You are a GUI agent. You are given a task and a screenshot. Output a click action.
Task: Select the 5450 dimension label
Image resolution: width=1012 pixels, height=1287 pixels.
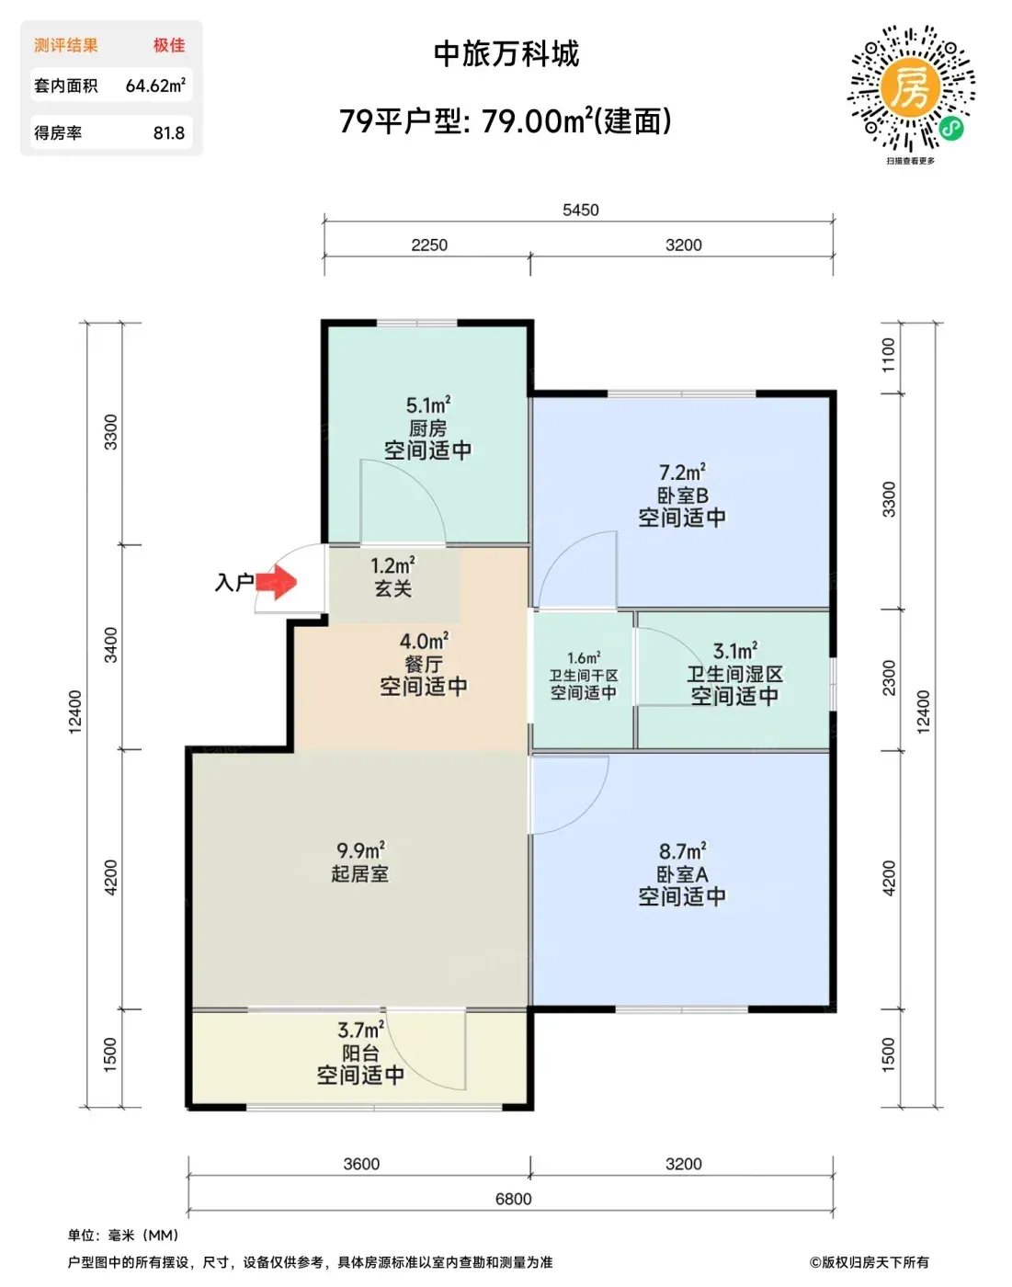(x=580, y=210)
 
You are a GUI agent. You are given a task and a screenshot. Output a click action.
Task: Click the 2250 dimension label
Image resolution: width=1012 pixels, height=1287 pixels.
(x=429, y=245)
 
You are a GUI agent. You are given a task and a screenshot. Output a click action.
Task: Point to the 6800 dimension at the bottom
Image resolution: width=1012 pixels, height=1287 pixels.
(x=513, y=1199)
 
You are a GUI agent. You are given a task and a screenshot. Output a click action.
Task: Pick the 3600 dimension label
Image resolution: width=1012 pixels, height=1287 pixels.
(x=361, y=1164)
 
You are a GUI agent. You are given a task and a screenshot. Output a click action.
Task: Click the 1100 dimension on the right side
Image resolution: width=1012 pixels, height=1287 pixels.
(x=889, y=355)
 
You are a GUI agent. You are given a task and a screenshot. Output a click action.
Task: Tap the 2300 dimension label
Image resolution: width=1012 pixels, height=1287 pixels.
(x=889, y=678)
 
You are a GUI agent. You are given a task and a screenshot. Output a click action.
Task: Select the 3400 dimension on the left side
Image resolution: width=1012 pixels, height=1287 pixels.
(x=110, y=644)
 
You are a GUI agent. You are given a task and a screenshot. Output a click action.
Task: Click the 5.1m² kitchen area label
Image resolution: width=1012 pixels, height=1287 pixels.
(x=428, y=404)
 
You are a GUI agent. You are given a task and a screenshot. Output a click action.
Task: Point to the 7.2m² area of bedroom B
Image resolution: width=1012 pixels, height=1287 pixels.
(x=682, y=472)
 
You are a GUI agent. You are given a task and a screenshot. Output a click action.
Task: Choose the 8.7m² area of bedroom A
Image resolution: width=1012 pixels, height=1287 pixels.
(x=682, y=850)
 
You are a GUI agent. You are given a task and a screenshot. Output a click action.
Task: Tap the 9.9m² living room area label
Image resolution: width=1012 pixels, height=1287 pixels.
(x=360, y=849)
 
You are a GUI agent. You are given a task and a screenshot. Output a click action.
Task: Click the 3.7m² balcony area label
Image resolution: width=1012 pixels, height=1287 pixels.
(x=360, y=1030)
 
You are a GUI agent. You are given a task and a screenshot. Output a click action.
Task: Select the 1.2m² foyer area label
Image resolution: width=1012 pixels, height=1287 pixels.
(x=393, y=565)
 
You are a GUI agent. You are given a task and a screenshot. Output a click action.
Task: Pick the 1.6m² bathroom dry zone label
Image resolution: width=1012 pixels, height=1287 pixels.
(x=584, y=658)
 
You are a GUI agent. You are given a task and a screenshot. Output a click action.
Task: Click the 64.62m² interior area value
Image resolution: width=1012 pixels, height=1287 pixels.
(x=155, y=85)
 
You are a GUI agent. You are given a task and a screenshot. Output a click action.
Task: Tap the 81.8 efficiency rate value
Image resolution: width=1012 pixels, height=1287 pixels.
(x=169, y=132)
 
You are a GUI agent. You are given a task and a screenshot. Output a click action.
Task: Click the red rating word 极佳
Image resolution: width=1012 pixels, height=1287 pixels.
(x=169, y=45)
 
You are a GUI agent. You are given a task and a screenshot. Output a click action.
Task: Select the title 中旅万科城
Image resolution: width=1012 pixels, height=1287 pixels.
(x=506, y=54)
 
